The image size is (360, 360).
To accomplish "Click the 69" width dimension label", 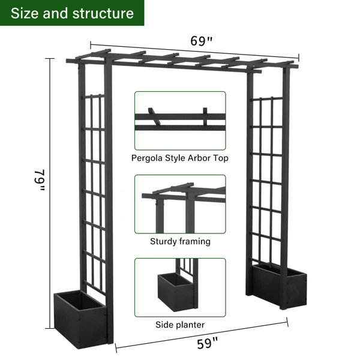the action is (x=202, y=41).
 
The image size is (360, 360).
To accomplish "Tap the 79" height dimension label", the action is (x=39, y=180).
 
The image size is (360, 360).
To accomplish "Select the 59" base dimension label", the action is (x=207, y=343).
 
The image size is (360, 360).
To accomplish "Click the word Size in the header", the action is (x=25, y=13).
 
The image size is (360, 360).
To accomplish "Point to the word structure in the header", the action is (x=103, y=13).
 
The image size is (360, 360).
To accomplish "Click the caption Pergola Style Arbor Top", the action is (x=180, y=158).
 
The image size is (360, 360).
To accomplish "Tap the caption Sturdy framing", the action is (x=180, y=242).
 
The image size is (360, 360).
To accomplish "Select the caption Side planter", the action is (x=180, y=325).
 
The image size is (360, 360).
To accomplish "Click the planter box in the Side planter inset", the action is (x=176, y=292).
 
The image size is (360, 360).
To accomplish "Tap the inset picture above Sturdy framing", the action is (x=180, y=204).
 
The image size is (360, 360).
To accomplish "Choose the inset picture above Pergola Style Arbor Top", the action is (x=180, y=121).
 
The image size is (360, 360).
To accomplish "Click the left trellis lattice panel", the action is (x=94, y=193).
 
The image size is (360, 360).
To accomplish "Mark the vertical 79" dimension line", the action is (x=50, y=194).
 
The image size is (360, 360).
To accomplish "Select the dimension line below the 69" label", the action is (x=194, y=51).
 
